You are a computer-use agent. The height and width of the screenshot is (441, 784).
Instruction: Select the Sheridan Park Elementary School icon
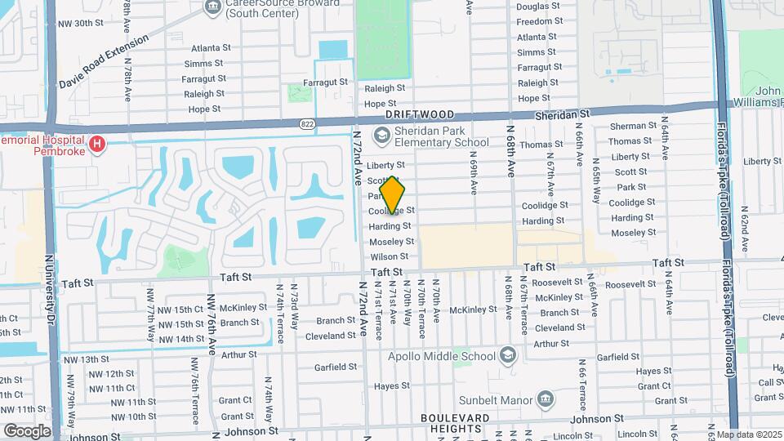click(381, 134)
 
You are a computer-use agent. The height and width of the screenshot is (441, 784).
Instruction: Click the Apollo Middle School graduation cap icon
click(508, 356)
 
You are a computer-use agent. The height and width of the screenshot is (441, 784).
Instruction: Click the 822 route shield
click(306, 123)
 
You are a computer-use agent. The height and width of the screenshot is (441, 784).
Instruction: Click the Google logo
click(26, 430)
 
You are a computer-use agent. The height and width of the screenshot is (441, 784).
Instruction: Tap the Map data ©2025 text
click(748, 434)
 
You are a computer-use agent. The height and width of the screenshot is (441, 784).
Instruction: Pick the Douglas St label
click(538, 7)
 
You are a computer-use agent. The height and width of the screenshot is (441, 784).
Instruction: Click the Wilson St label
click(389, 256)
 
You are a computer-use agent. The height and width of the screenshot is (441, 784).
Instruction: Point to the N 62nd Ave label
click(744, 229)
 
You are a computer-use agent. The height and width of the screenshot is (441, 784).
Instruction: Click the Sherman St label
click(633, 126)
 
